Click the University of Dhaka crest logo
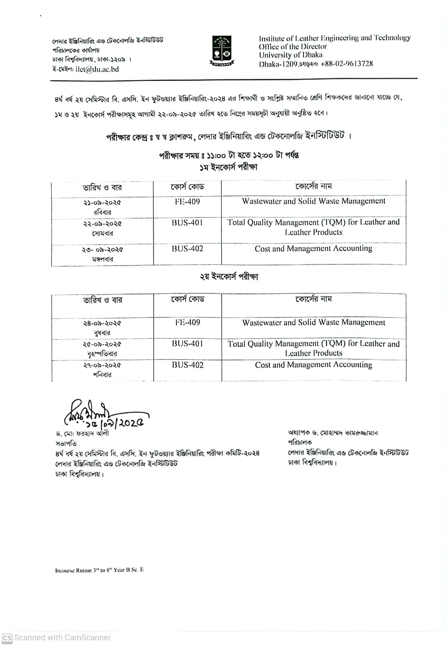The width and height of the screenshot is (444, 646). coord(222,51)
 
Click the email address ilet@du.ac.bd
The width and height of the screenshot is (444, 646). coord(97,69)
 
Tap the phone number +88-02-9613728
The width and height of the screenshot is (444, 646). coord(347,64)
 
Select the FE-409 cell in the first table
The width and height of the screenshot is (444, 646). coord(187,202)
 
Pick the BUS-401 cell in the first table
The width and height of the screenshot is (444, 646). coord(187,223)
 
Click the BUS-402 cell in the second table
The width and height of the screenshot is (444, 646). coord(187,365)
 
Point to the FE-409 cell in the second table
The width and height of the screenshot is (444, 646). coord(187,322)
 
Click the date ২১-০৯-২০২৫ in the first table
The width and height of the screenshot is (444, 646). coord(102,203)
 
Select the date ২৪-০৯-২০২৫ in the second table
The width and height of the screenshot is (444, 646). coord(102,324)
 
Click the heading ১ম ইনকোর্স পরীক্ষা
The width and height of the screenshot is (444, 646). coord(228,167)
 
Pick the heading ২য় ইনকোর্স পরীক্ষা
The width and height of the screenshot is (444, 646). coord(228,277)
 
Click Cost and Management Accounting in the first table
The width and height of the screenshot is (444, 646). coord(313,248)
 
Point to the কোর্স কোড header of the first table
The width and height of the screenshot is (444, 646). coord(187,187)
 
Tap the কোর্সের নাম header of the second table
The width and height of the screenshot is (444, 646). coord(313,299)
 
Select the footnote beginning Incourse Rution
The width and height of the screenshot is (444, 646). coord(99,570)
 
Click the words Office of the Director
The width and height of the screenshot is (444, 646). coord(293,47)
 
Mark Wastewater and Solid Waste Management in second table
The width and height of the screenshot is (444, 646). coord(313,322)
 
